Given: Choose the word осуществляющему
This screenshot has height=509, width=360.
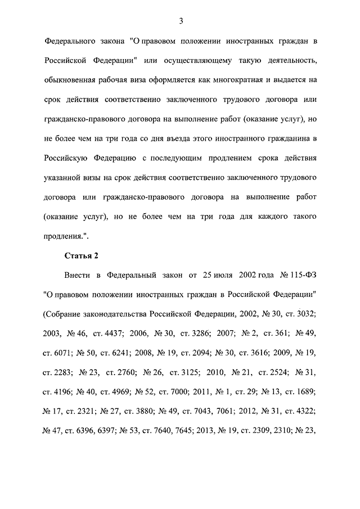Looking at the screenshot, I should click(x=214, y=60).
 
